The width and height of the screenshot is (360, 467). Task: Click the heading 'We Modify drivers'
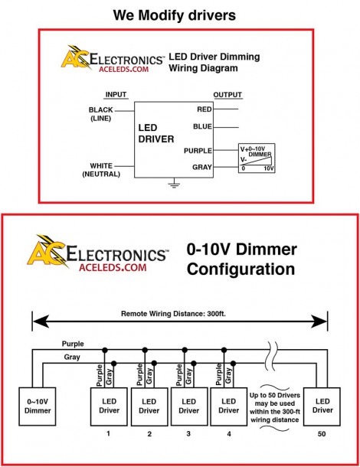click(x=175, y=15)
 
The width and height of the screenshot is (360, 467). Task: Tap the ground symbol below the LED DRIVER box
click(x=174, y=184)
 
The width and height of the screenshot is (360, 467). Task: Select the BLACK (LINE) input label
click(x=101, y=114)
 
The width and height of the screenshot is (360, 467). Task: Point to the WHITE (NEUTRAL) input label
click(x=101, y=170)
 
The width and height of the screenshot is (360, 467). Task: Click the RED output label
click(x=205, y=109)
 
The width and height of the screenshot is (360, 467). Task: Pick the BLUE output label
click(x=202, y=126)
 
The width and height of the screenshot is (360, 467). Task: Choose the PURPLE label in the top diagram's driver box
click(x=198, y=151)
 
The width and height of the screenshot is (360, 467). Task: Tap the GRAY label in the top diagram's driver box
click(x=201, y=167)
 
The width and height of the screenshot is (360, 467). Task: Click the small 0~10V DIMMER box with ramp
click(x=257, y=158)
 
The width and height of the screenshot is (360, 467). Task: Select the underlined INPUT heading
click(x=116, y=95)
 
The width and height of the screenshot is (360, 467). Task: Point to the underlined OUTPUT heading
click(x=227, y=95)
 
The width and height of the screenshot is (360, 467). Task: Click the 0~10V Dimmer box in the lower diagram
click(x=38, y=407)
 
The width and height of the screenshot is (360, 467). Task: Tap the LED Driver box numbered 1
click(x=109, y=407)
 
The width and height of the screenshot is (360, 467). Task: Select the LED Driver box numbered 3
click(x=188, y=407)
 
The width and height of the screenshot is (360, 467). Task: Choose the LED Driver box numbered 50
click(x=322, y=407)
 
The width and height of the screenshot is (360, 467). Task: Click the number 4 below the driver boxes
click(x=228, y=433)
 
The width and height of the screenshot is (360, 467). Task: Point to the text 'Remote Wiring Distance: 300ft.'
click(x=173, y=314)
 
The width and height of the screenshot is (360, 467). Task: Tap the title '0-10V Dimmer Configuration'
click(x=242, y=259)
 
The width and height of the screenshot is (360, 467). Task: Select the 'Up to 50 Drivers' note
click(x=275, y=407)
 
